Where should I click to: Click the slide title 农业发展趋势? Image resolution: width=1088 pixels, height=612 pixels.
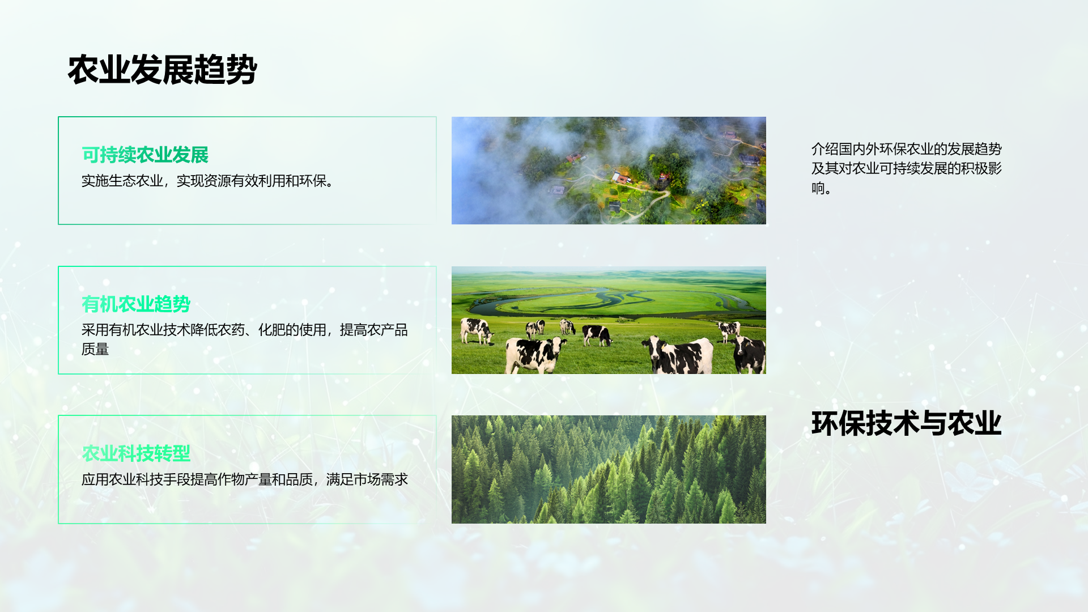[x=162, y=70]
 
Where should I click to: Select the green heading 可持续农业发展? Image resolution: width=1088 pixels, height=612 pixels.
[x=145, y=155]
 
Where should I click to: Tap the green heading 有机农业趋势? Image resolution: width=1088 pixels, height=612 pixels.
[x=136, y=304]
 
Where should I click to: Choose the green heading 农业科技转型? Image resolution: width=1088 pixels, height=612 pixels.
[x=136, y=453]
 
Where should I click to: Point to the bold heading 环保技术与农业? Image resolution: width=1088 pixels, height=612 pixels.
[x=907, y=423]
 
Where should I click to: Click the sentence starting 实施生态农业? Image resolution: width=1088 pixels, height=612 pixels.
[x=208, y=181]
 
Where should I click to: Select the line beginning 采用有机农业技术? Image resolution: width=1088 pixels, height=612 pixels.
[x=245, y=330]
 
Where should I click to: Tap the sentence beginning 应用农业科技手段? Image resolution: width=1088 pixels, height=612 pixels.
[x=245, y=479]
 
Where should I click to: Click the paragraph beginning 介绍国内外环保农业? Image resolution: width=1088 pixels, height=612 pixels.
[x=907, y=168]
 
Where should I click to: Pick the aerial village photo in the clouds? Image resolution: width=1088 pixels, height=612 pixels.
[x=609, y=171]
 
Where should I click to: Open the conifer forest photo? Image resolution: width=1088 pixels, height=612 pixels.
[x=609, y=469]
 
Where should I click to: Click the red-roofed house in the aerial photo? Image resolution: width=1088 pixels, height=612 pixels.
[x=622, y=178]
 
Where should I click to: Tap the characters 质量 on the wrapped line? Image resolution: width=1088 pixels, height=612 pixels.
[x=95, y=349]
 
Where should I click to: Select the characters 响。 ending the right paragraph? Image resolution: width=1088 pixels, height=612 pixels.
[x=822, y=188]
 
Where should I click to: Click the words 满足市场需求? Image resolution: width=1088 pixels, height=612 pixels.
[x=367, y=479]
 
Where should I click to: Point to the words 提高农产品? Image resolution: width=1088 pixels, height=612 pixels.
[x=374, y=330]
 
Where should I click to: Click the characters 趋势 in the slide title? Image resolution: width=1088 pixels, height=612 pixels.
[x=226, y=70]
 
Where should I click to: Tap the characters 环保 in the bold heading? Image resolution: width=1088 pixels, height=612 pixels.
[x=839, y=423]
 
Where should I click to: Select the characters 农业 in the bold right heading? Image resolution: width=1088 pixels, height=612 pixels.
[x=975, y=423]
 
